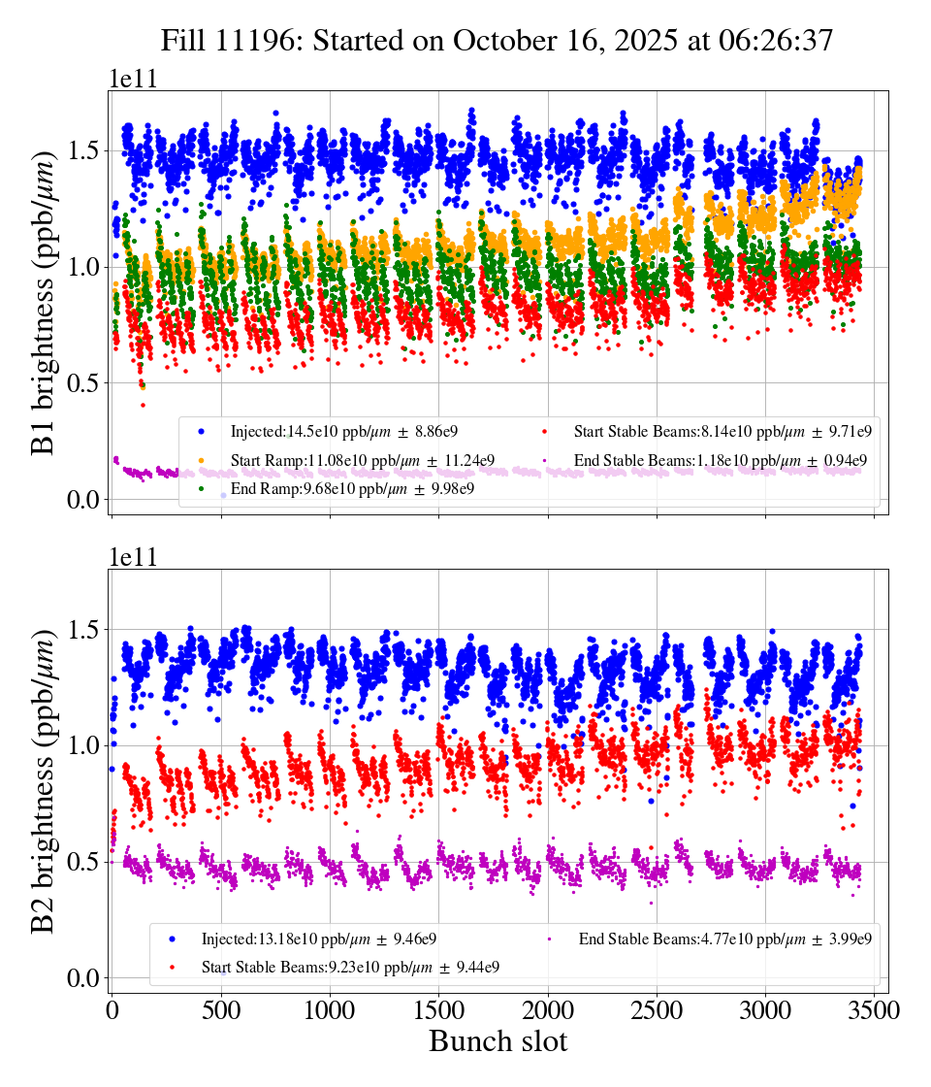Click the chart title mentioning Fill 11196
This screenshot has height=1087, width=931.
pyautogui.click(x=497, y=40)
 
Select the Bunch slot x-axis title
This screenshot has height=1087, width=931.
pyautogui.click(x=498, y=1041)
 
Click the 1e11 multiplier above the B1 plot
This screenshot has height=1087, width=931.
pyautogui.click(x=132, y=80)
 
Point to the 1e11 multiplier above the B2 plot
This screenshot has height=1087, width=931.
pyautogui.click(x=132, y=558)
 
